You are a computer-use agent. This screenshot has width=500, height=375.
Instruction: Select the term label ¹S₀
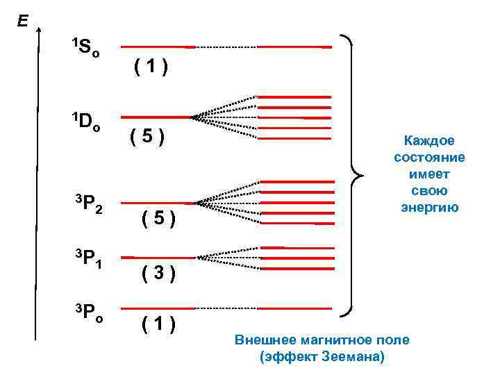click(87, 47)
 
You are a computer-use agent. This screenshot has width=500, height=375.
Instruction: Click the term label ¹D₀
click(87, 121)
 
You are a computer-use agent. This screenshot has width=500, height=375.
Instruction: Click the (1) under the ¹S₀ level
click(151, 67)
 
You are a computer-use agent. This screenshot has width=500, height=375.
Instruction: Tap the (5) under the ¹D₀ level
click(147, 137)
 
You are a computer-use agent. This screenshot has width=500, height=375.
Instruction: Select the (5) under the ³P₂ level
click(158, 221)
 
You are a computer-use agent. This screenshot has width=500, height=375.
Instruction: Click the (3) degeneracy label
click(158, 273)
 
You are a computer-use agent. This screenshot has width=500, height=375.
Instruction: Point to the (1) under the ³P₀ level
click(158, 324)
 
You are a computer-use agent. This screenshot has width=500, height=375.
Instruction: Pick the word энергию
click(429, 207)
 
